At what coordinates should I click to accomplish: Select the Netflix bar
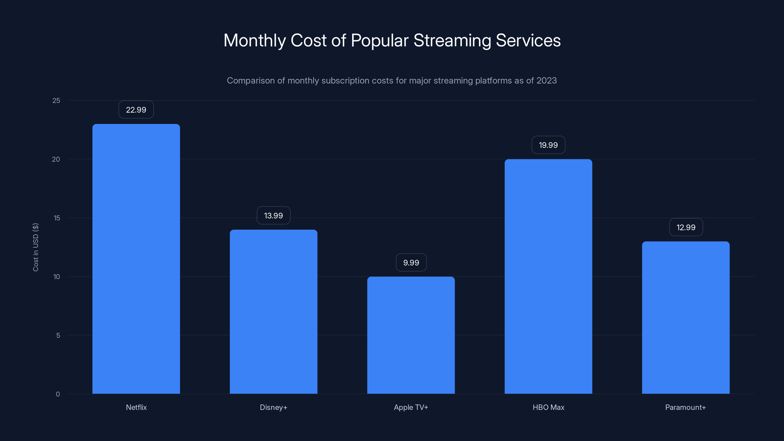pyautogui.click(x=136, y=259)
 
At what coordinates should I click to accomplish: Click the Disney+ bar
pyautogui.click(x=273, y=312)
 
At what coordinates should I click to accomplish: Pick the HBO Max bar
pyautogui.click(x=548, y=276)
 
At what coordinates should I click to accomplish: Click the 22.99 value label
pyautogui.click(x=136, y=110)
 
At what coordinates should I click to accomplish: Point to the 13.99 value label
pyautogui.click(x=273, y=216)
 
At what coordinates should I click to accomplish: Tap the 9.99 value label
pyautogui.click(x=411, y=262)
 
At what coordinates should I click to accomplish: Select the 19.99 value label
pyautogui.click(x=548, y=145)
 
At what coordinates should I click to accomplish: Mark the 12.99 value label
pyautogui.click(x=686, y=227)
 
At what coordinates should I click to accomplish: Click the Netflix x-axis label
pyautogui.click(x=136, y=407)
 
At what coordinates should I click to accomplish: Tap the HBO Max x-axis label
pyautogui.click(x=548, y=407)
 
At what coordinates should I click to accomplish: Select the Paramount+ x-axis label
pyautogui.click(x=686, y=407)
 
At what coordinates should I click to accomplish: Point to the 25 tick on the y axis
pyautogui.click(x=56, y=100)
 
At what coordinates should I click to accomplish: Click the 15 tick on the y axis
pyautogui.click(x=57, y=218)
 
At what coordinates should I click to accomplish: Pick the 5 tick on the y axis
pyautogui.click(x=58, y=335)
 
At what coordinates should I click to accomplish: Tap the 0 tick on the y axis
pyautogui.click(x=58, y=394)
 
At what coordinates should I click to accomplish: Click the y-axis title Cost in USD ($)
pyautogui.click(x=36, y=247)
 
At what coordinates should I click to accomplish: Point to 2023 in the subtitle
pyautogui.click(x=546, y=81)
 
